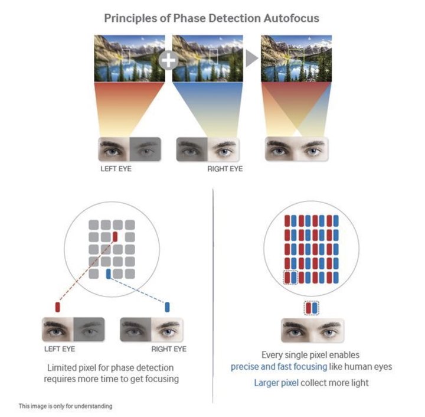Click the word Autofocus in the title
291,18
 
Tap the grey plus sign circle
169,60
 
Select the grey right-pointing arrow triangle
252,58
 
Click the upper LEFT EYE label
116,169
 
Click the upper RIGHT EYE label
225,169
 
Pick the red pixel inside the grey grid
115,236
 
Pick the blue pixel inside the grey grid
109,274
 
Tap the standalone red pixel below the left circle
57,307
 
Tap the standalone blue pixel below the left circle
167,307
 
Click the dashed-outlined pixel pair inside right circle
290,278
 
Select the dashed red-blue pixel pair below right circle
312,308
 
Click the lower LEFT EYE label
60,349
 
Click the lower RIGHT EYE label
169,349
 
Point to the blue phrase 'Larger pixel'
276,383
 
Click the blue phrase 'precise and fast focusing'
279,367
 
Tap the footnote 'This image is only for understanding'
66,406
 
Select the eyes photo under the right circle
312,331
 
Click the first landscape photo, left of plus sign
129,58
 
